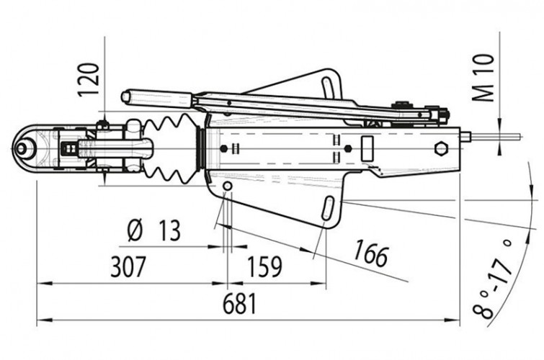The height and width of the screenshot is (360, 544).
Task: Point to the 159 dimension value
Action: [x=263, y=267]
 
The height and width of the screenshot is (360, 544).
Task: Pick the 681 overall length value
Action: [x=239, y=304]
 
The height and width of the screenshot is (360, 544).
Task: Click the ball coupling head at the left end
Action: [x=27, y=149]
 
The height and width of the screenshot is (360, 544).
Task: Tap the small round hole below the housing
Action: [x=228, y=186]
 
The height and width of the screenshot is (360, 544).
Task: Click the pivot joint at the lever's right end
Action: [x=437, y=112]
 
